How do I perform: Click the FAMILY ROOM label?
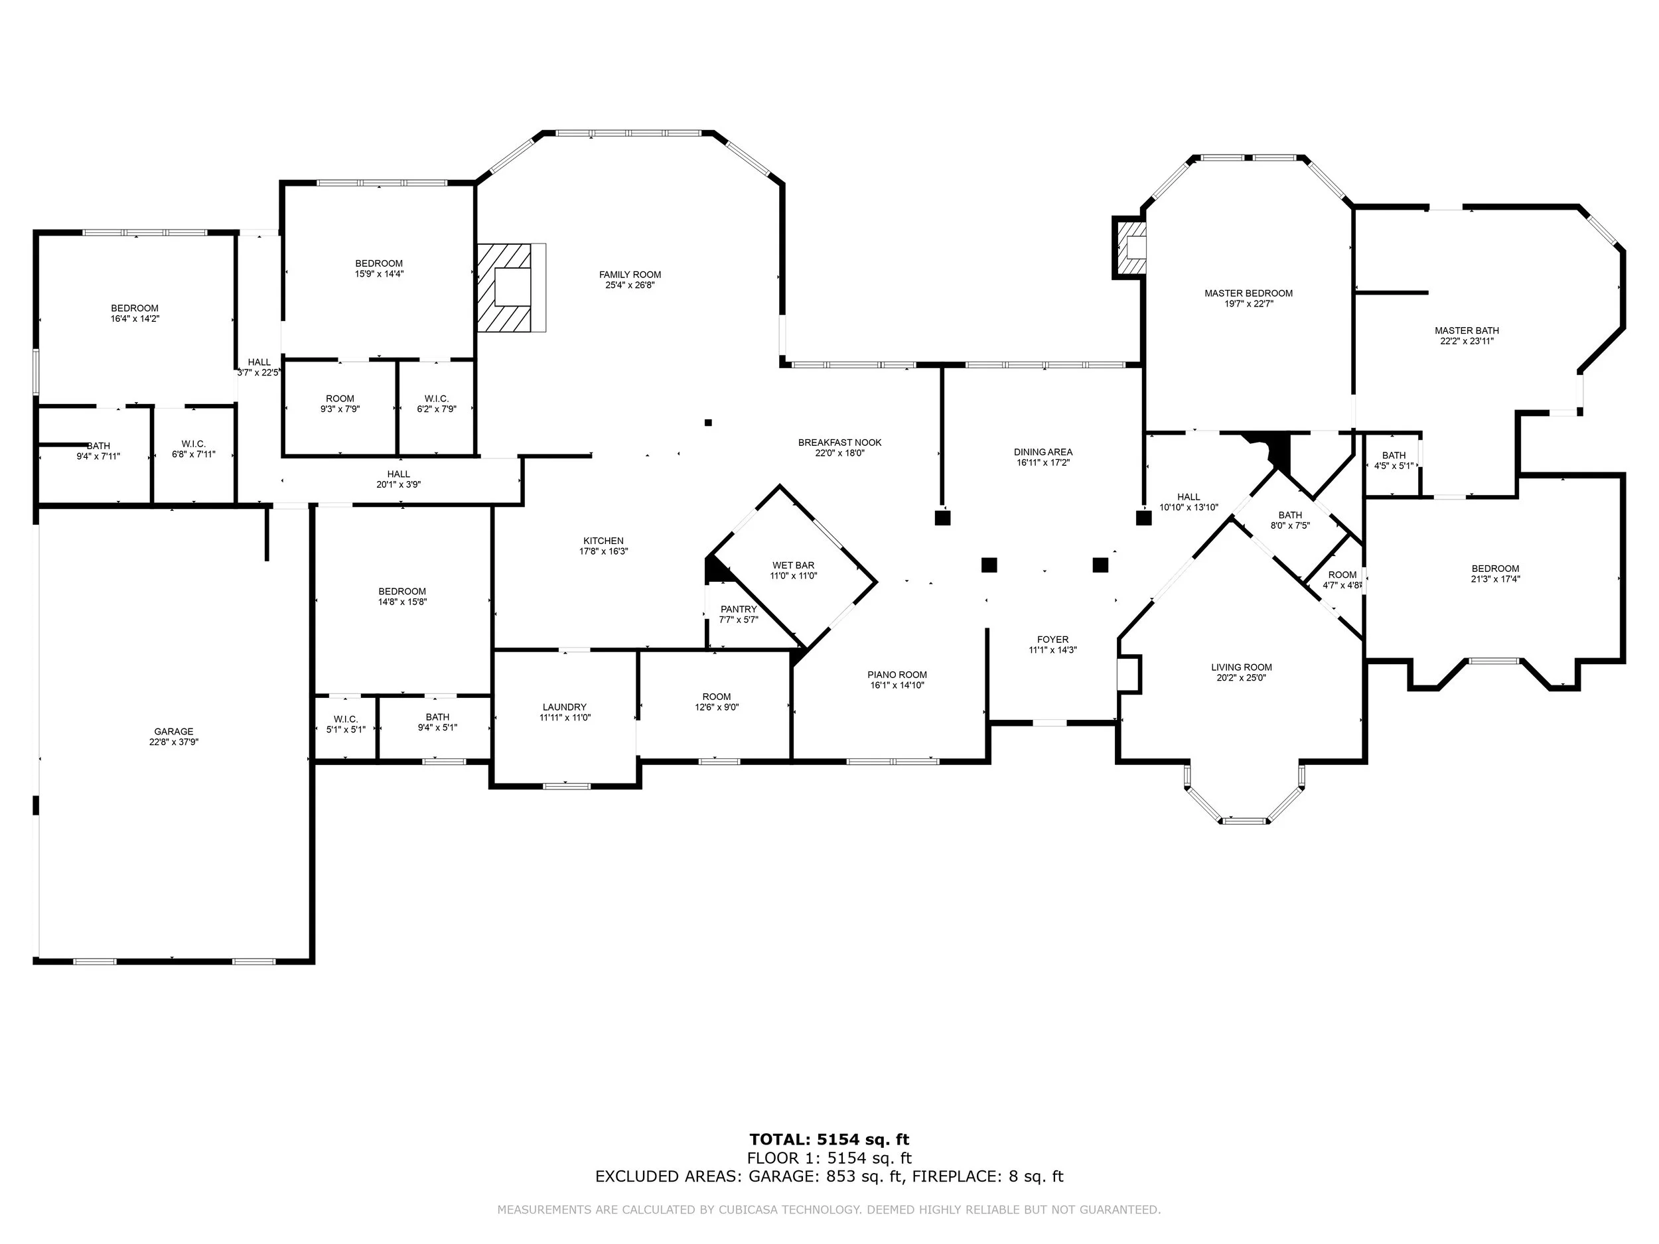(x=630, y=275)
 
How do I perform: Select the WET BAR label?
(x=794, y=565)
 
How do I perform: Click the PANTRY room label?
(x=739, y=609)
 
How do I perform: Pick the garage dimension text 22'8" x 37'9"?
(x=173, y=742)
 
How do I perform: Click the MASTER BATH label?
(x=1467, y=330)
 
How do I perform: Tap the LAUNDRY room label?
(x=565, y=707)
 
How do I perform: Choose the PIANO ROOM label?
(x=898, y=675)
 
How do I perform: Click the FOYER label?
(x=1053, y=640)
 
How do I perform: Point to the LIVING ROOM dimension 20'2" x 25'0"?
(x=1242, y=678)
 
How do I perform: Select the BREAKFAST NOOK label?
(x=840, y=443)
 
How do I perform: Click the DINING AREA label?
(x=1043, y=452)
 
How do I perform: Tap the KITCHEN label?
(x=604, y=541)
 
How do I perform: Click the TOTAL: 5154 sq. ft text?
(x=829, y=1140)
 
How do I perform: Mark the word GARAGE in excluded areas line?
(x=783, y=1176)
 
